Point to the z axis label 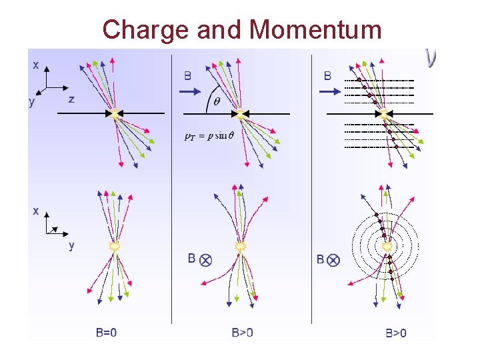click(71, 99)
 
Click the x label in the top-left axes click(35, 65)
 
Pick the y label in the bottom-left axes click(71, 245)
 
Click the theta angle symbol click(215, 101)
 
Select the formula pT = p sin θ click(209, 136)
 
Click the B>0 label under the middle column click(242, 331)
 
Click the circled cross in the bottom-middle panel click(206, 259)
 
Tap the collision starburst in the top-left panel click(115, 114)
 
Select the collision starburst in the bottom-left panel click(115, 245)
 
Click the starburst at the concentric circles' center click(387, 247)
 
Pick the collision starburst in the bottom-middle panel click(241, 246)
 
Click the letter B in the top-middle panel click(189, 75)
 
